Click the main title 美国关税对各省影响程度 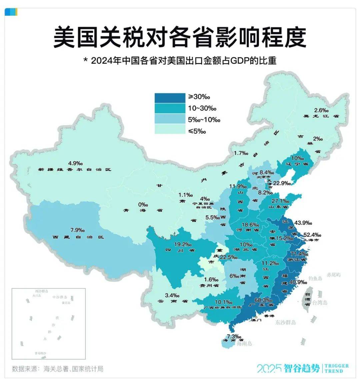[180, 37]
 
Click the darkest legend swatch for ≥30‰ [170, 97]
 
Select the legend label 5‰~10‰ [204, 120]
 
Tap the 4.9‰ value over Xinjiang [75, 163]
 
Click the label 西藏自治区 [78, 237]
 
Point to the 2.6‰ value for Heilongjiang [321, 110]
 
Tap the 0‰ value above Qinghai [143, 205]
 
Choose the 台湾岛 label [319, 303]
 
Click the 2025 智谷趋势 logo [288, 368]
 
